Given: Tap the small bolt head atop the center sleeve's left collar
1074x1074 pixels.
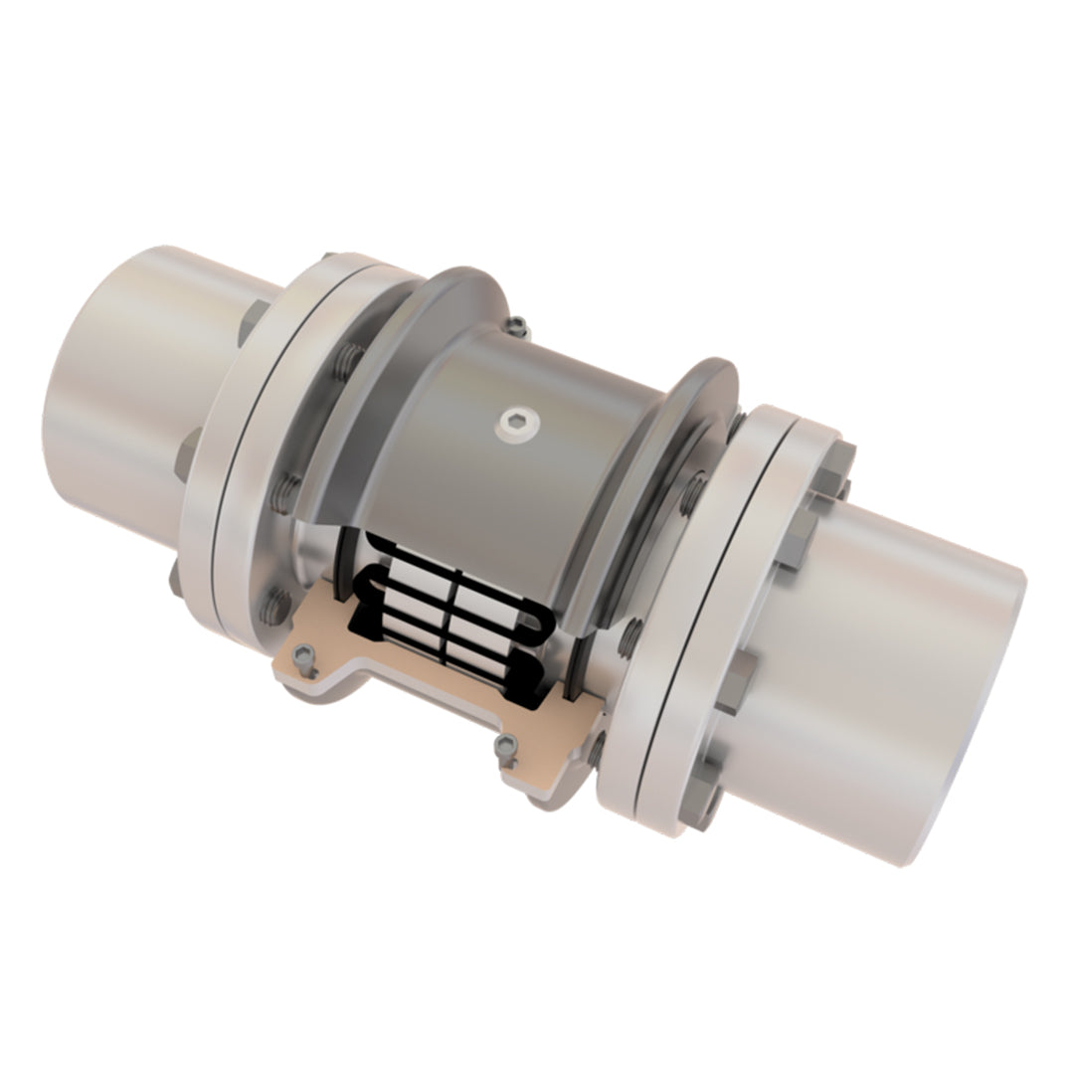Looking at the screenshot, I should (x=515, y=324).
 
